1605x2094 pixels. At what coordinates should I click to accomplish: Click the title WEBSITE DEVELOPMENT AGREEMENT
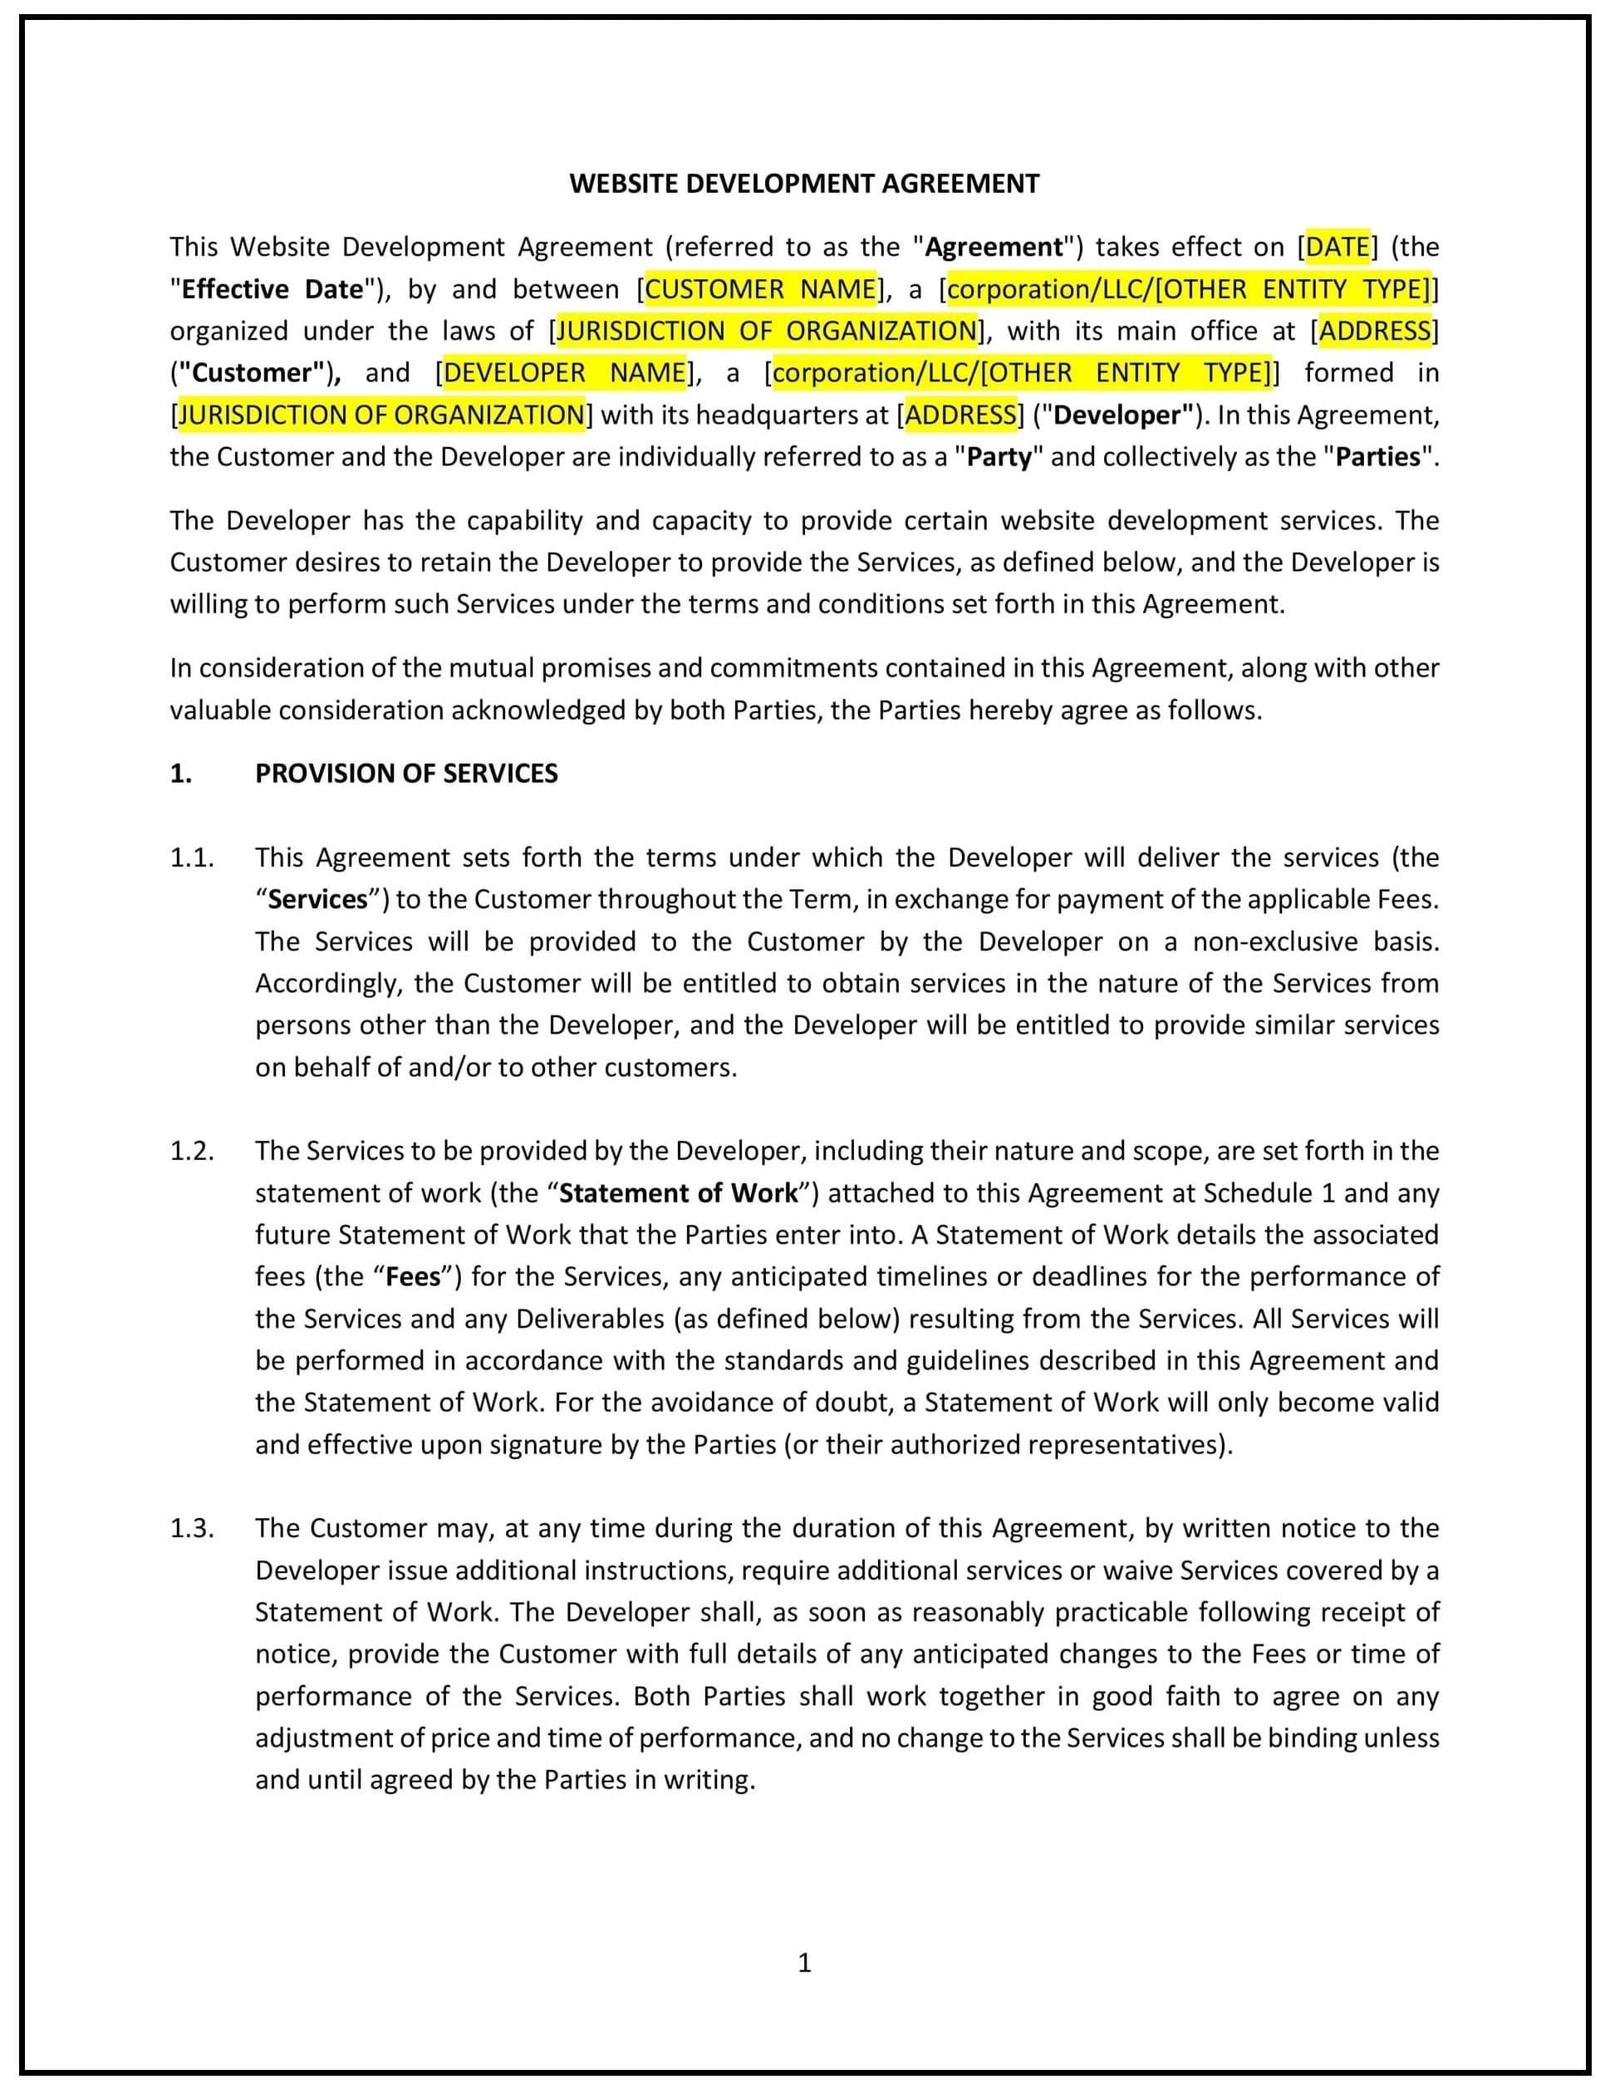coord(803,184)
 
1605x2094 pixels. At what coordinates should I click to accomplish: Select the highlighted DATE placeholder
coord(1337,247)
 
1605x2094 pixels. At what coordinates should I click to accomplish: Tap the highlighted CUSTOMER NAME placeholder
coord(760,288)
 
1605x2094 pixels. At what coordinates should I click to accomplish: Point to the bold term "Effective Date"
coord(272,288)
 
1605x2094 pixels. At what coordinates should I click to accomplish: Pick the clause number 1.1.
coord(191,858)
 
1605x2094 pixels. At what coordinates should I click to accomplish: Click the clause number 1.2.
coord(191,1151)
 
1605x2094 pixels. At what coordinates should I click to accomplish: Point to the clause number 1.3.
coord(191,1528)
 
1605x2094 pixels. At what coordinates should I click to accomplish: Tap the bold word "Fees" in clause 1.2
coord(413,1277)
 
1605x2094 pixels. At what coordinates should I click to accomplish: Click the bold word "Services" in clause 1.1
coord(317,899)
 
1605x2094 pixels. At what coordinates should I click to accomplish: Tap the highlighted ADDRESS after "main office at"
coord(1375,331)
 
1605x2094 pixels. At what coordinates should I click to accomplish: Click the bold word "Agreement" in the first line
coord(994,247)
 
